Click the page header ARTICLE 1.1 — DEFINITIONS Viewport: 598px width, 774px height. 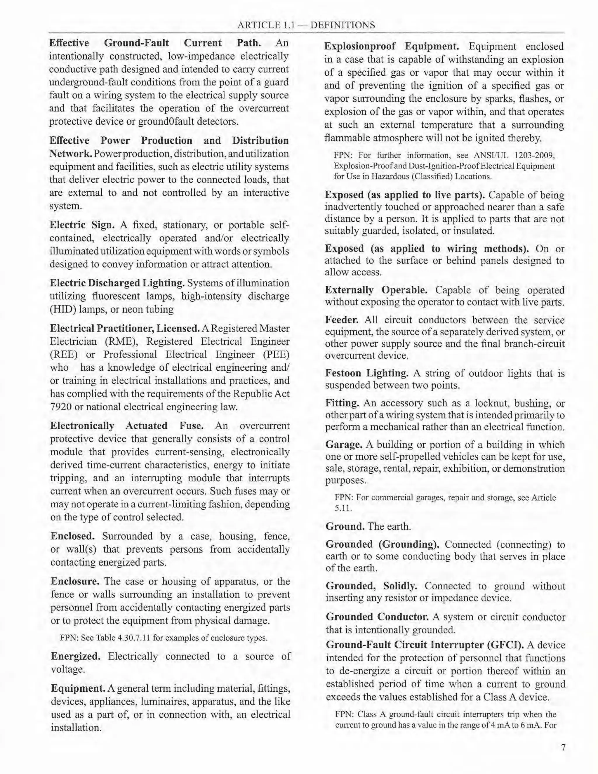click(x=306, y=25)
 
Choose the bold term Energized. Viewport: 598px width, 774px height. click(x=75, y=656)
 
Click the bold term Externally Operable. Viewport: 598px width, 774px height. click(x=376, y=290)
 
